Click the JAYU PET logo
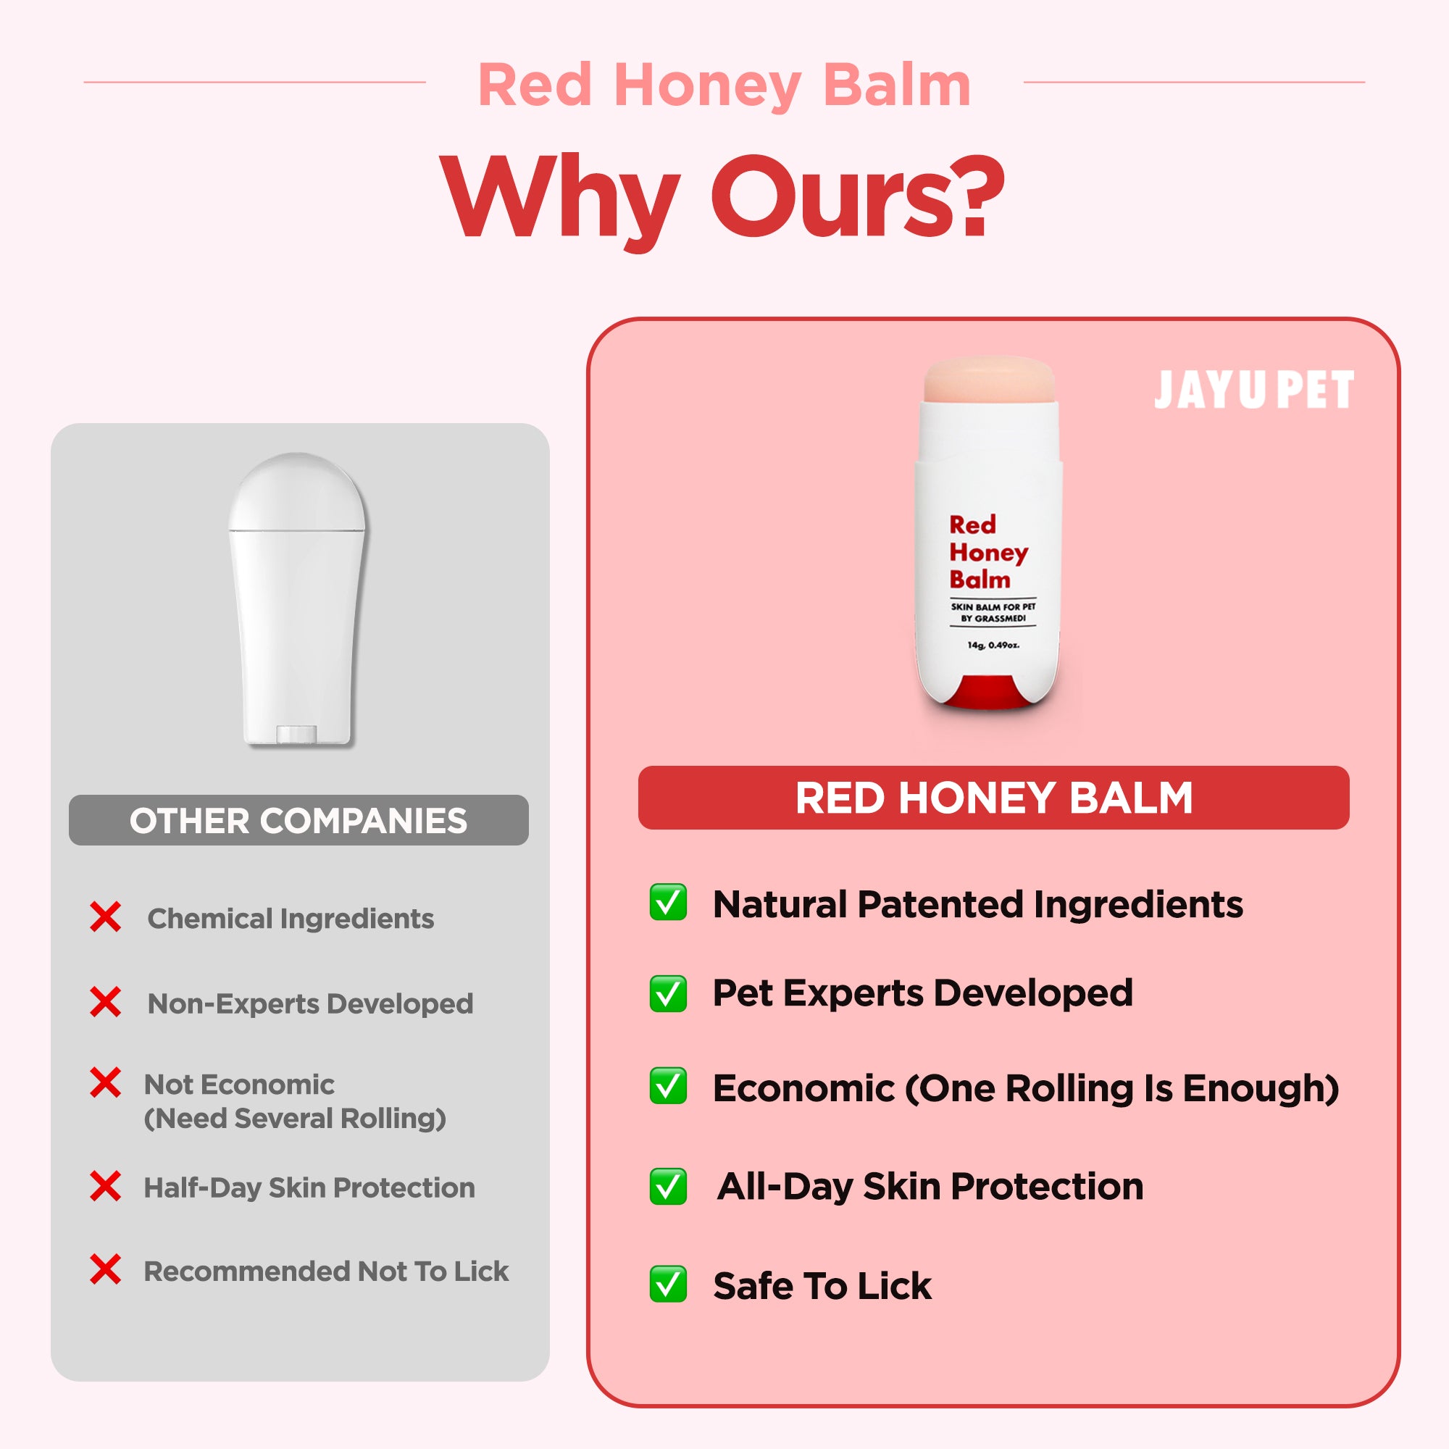[1254, 390]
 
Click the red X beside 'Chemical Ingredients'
[105, 916]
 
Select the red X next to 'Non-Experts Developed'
[105, 1002]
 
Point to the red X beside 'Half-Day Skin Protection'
[105, 1186]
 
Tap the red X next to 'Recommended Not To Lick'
[105, 1269]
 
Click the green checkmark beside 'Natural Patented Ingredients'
[667, 902]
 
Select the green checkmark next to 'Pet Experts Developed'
[667, 994]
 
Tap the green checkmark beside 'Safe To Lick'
[667, 1284]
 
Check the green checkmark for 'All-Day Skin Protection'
[667, 1187]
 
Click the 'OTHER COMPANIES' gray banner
[298, 819]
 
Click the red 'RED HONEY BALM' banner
[994, 797]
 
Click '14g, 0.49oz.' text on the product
[993, 645]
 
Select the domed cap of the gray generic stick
[298, 492]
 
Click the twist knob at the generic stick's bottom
[297, 734]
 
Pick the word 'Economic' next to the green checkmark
[803, 1088]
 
